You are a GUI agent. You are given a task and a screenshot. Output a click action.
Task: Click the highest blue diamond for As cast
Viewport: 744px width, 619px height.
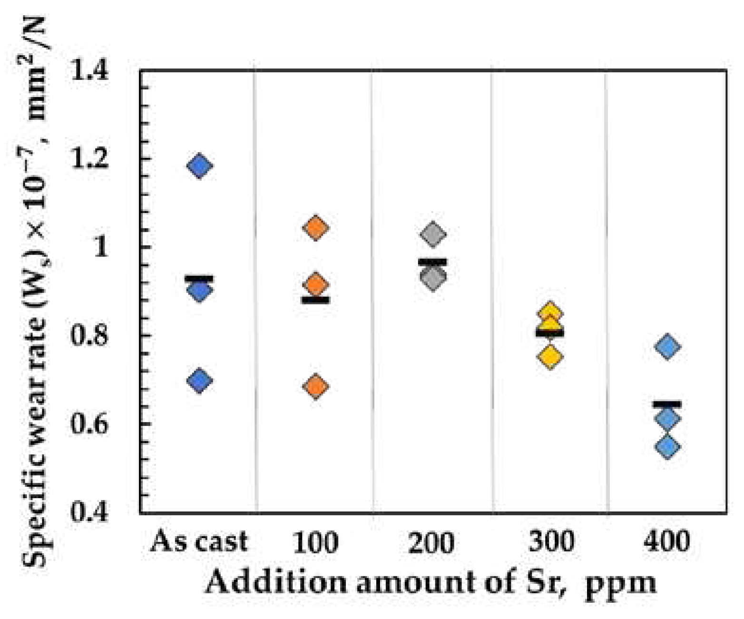click(x=199, y=166)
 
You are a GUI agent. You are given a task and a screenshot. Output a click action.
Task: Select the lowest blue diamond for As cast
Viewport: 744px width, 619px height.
click(x=199, y=381)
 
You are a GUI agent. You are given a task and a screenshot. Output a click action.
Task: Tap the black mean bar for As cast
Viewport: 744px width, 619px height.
click(x=199, y=279)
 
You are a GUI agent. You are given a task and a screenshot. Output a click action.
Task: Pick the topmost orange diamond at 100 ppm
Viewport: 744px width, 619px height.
click(x=316, y=228)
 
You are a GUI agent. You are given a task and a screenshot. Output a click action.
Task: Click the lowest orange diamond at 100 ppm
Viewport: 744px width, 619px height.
click(x=316, y=386)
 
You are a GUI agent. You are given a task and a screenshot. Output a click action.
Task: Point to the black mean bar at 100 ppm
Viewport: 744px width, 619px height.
click(x=316, y=300)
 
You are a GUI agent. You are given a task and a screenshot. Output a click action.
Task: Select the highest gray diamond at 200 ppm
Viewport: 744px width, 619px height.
click(x=432, y=234)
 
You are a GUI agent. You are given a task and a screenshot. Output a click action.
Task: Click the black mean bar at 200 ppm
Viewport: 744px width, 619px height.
click(x=432, y=262)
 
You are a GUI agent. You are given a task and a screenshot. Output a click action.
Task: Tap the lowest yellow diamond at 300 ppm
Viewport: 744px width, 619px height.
click(x=550, y=356)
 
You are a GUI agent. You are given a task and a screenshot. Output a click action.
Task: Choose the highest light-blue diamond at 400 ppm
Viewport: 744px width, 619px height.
click(x=667, y=346)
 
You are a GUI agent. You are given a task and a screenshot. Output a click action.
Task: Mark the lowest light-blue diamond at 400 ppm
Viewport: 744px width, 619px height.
click(x=667, y=447)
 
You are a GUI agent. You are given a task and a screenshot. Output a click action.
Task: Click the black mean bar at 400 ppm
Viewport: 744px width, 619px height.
click(x=667, y=404)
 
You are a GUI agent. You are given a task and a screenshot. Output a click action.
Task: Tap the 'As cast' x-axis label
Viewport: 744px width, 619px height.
click(x=199, y=541)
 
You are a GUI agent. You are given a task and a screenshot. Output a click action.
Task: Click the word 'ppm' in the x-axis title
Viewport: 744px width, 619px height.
click(x=620, y=583)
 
